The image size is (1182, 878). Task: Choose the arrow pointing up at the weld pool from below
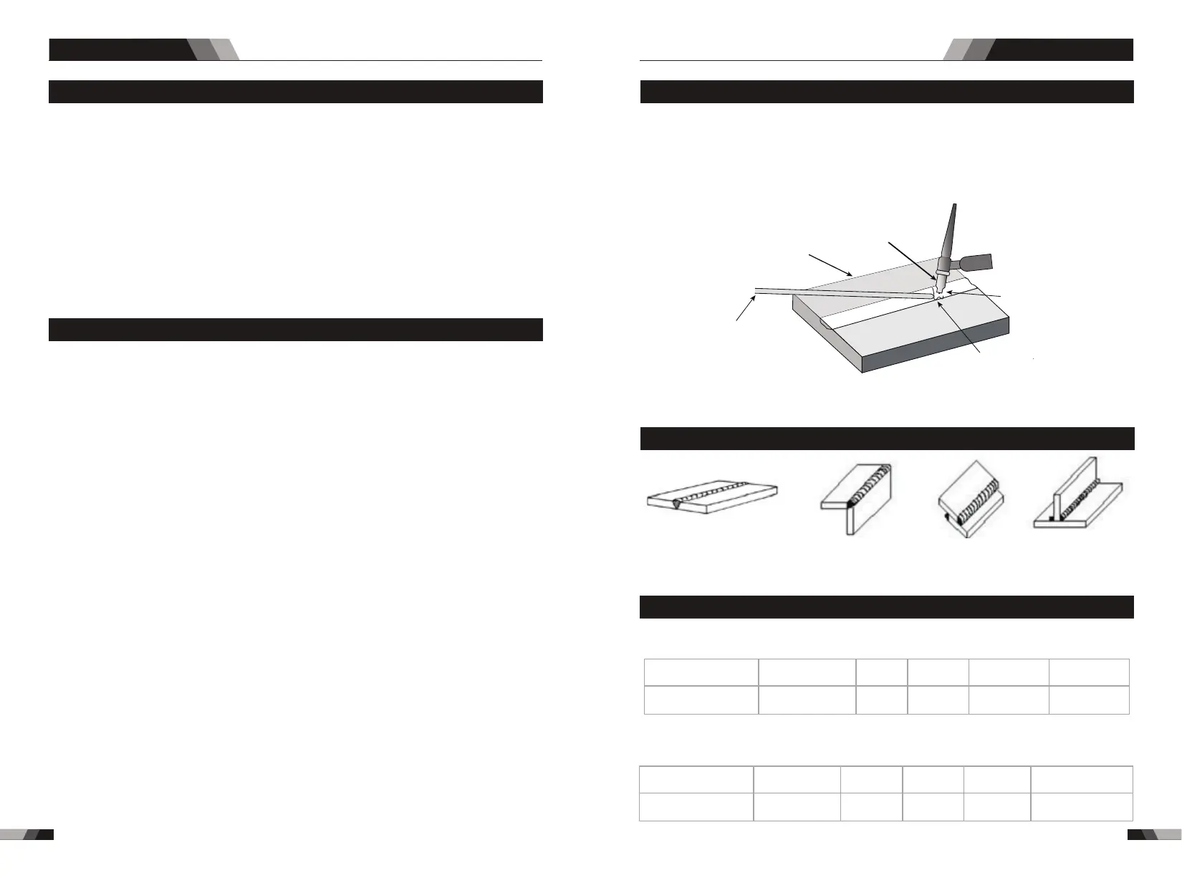960,327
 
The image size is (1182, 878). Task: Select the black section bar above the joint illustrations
886,439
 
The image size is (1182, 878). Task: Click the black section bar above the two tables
886,606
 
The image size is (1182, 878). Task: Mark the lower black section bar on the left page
295,330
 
